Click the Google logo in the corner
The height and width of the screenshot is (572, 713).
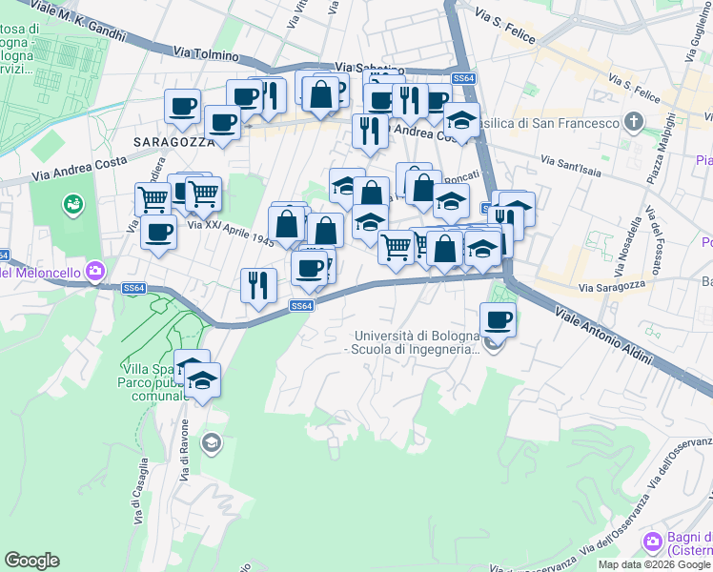coord(31,561)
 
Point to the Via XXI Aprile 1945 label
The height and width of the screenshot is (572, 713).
coord(230,234)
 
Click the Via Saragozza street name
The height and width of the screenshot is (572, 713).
coord(613,285)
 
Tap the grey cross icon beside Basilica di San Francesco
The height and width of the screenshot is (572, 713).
coord(634,122)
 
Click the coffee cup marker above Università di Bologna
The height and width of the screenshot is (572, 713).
coord(497,319)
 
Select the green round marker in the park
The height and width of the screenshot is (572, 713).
coord(72,204)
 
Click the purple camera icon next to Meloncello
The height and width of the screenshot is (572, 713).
coord(94,273)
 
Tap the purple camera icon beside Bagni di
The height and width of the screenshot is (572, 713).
coord(653,542)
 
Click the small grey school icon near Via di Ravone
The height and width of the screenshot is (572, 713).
coord(212,442)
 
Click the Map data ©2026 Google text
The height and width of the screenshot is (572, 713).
coord(654,564)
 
